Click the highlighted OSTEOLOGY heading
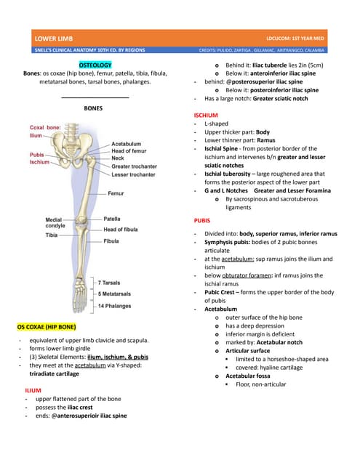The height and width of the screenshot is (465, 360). (x=95, y=65)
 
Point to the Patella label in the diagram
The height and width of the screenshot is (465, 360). (x=112, y=219)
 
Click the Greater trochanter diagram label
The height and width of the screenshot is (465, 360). (x=134, y=166)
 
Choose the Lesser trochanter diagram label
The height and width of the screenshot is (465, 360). (x=133, y=175)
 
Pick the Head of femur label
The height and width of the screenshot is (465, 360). (x=130, y=150)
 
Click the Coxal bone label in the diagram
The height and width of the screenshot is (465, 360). (x=45, y=127)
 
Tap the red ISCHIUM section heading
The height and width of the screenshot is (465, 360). (x=206, y=116)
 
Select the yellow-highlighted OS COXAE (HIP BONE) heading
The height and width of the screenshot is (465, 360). (x=46, y=327)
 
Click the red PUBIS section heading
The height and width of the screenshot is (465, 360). (x=202, y=219)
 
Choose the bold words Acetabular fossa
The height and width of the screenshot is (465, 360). (x=249, y=376)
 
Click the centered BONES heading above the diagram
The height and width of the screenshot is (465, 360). (x=95, y=108)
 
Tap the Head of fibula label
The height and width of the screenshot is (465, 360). (x=120, y=230)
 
